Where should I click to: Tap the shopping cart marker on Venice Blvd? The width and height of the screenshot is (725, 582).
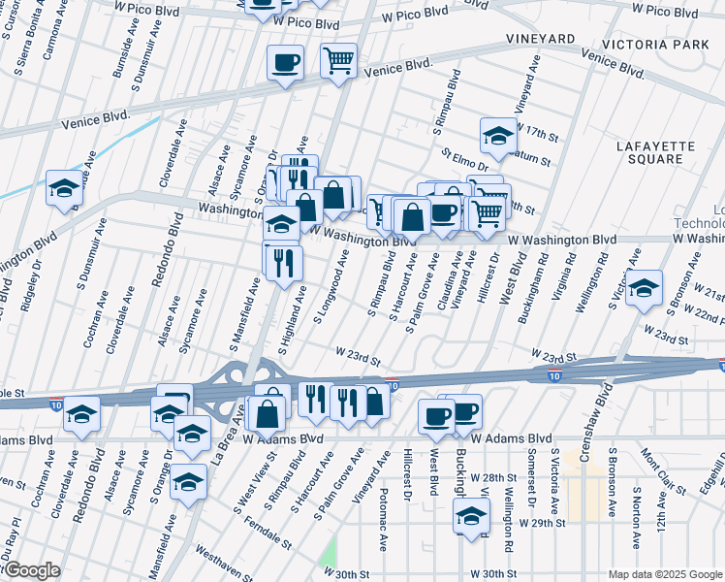click(339, 61)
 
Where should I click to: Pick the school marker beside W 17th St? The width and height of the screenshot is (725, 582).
click(498, 136)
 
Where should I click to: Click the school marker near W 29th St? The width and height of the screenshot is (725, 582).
click(472, 515)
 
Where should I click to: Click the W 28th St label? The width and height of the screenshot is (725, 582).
click(489, 478)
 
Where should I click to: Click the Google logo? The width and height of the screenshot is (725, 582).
click(31, 570)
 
